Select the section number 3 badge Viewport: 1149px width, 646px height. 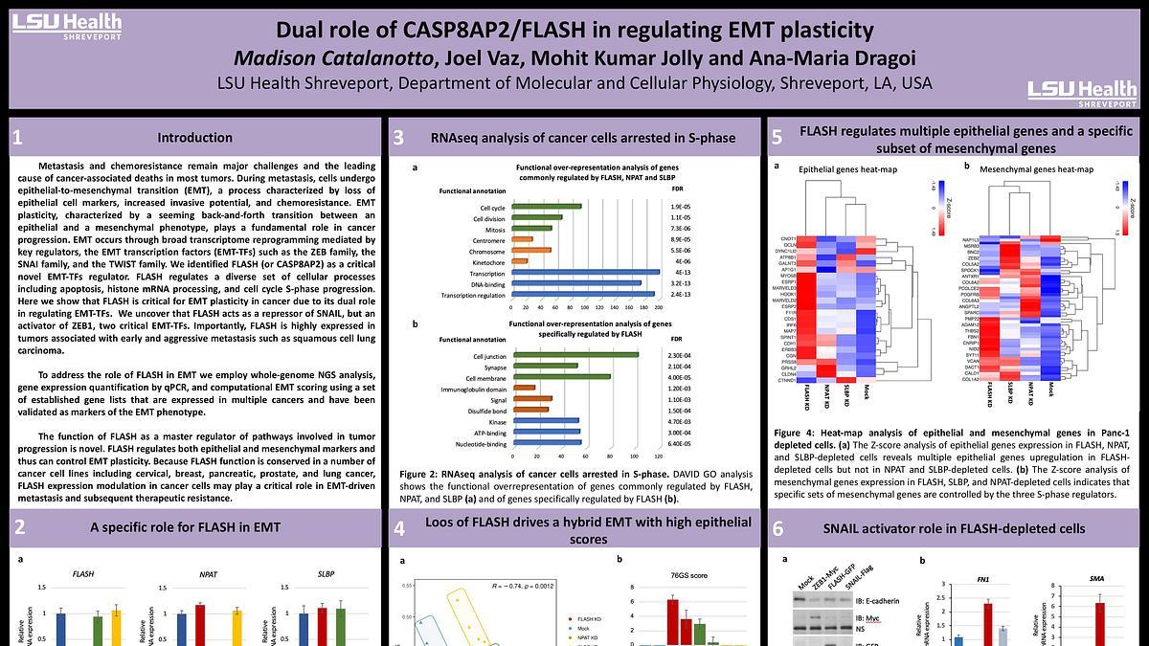(398, 138)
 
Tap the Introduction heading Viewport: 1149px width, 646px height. (194, 138)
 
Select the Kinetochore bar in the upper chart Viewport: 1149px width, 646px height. (520, 260)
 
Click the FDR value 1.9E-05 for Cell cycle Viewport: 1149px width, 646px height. (681, 208)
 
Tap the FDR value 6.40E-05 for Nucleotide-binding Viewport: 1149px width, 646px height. (681, 444)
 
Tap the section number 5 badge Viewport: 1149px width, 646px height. (777, 138)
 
